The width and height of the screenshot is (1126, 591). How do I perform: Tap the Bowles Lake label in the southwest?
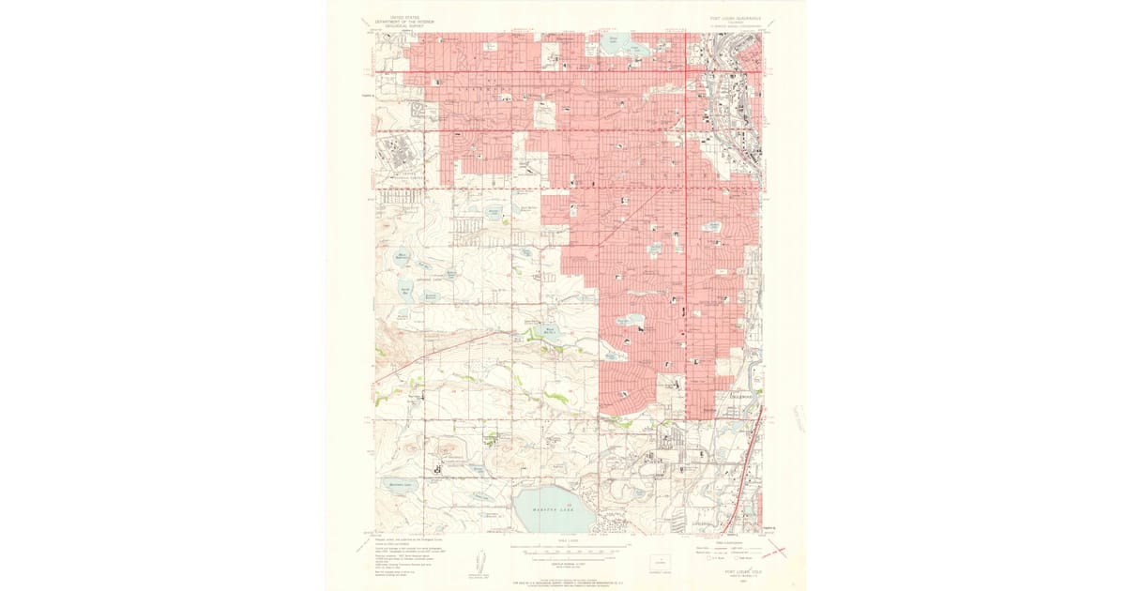coord(401,484)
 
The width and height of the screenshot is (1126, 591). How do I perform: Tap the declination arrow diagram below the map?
coord(479,559)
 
